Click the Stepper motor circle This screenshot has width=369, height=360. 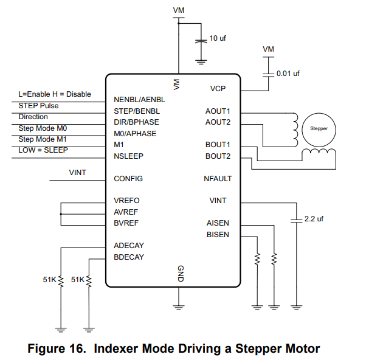point(319,129)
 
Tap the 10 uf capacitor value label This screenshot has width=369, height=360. point(218,38)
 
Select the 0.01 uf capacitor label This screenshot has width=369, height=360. point(288,74)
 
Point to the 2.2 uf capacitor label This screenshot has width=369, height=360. point(314,219)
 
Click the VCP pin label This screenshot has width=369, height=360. point(218,89)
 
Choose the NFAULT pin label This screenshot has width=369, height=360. point(218,179)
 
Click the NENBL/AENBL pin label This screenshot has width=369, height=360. point(139,100)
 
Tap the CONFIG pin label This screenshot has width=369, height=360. point(128,179)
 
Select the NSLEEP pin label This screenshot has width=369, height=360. point(128,156)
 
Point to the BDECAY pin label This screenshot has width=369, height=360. point(129,257)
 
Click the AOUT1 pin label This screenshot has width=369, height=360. point(218,111)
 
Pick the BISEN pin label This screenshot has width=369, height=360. point(218,235)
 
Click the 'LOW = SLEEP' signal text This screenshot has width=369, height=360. point(43,150)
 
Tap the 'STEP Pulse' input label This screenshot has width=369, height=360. point(38,105)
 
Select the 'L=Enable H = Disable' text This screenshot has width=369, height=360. point(55,94)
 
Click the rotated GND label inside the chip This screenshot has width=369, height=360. point(179,274)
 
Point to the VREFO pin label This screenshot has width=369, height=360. point(126,201)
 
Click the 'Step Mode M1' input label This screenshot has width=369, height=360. point(43,139)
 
